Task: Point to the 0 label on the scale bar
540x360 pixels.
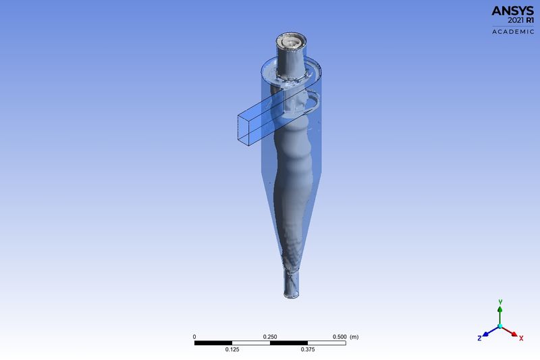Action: tap(194, 336)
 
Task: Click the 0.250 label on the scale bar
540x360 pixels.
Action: tap(270, 336)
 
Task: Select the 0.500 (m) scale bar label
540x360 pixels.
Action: tap(348, 336)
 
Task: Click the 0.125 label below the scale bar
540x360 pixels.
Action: tap(232, 350)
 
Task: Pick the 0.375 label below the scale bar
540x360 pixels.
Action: tap(308, 350)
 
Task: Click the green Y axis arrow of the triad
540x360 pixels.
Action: tap(500, 312)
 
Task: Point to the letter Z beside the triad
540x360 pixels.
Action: tap(479, 336)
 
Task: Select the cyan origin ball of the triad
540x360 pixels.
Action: tap(500, 326)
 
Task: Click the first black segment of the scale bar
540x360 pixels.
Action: tap(213, 342)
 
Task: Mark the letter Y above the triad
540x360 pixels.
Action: tap(500, 301)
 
